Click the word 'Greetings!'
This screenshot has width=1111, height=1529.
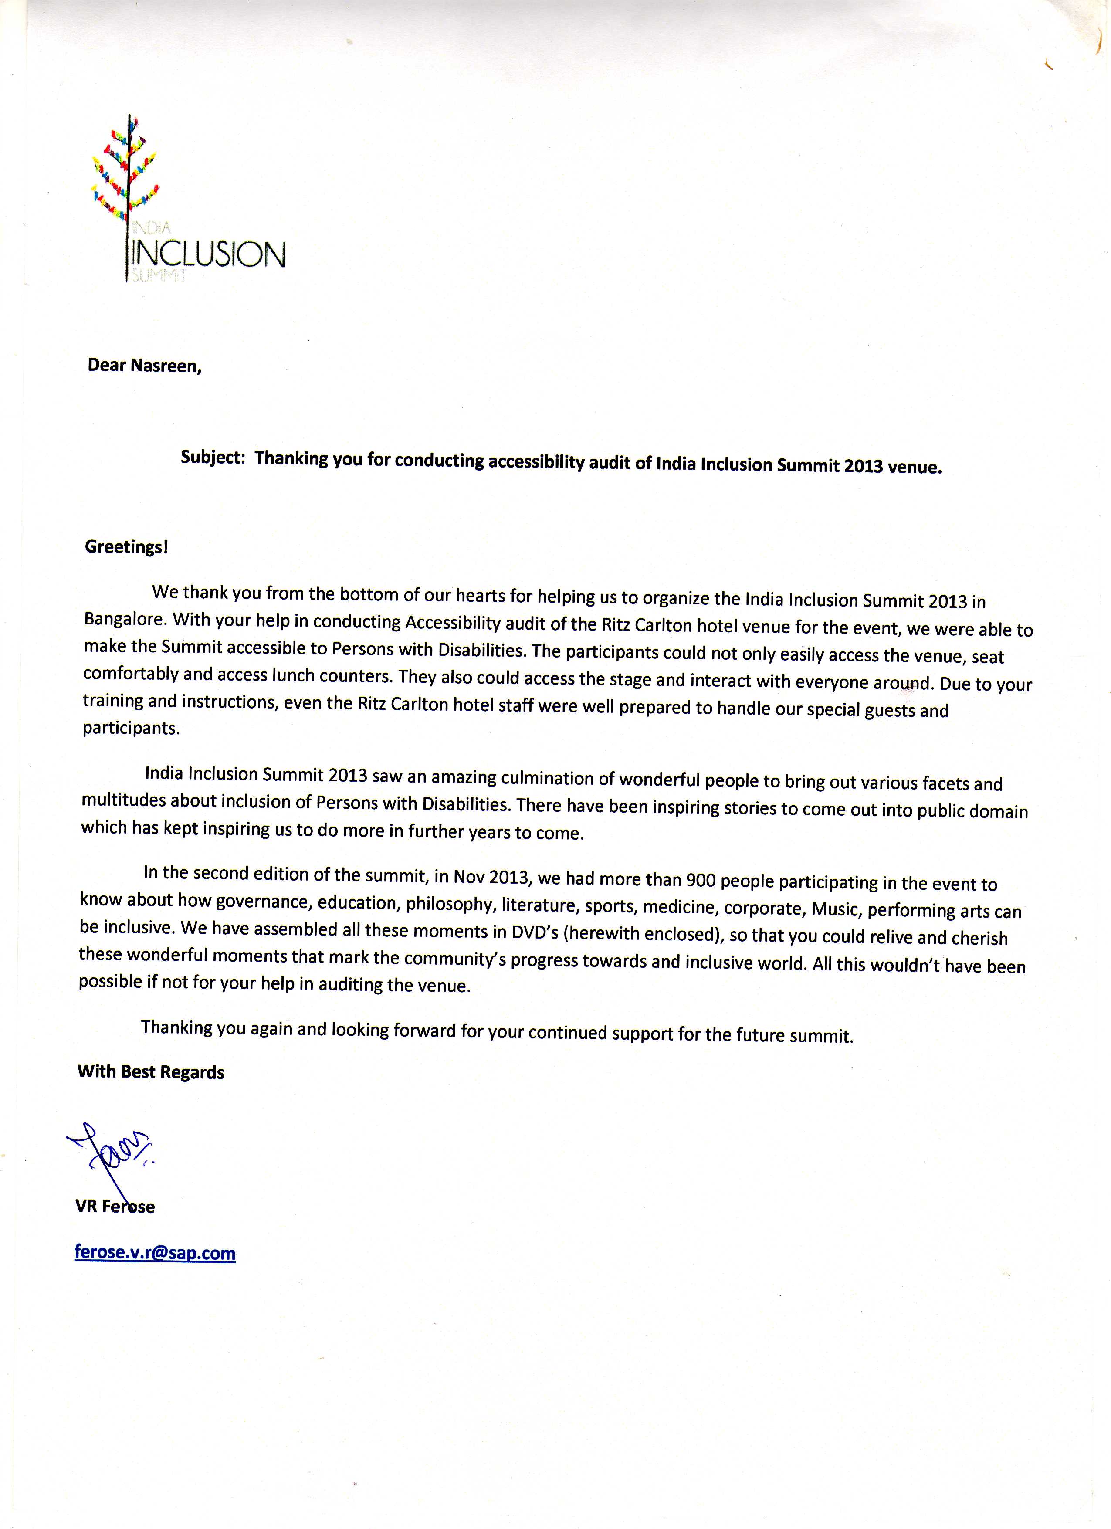pyautogui.click(x=126, y=547)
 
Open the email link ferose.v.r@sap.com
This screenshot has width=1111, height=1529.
pyautogui.click(x=155, y=1253)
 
